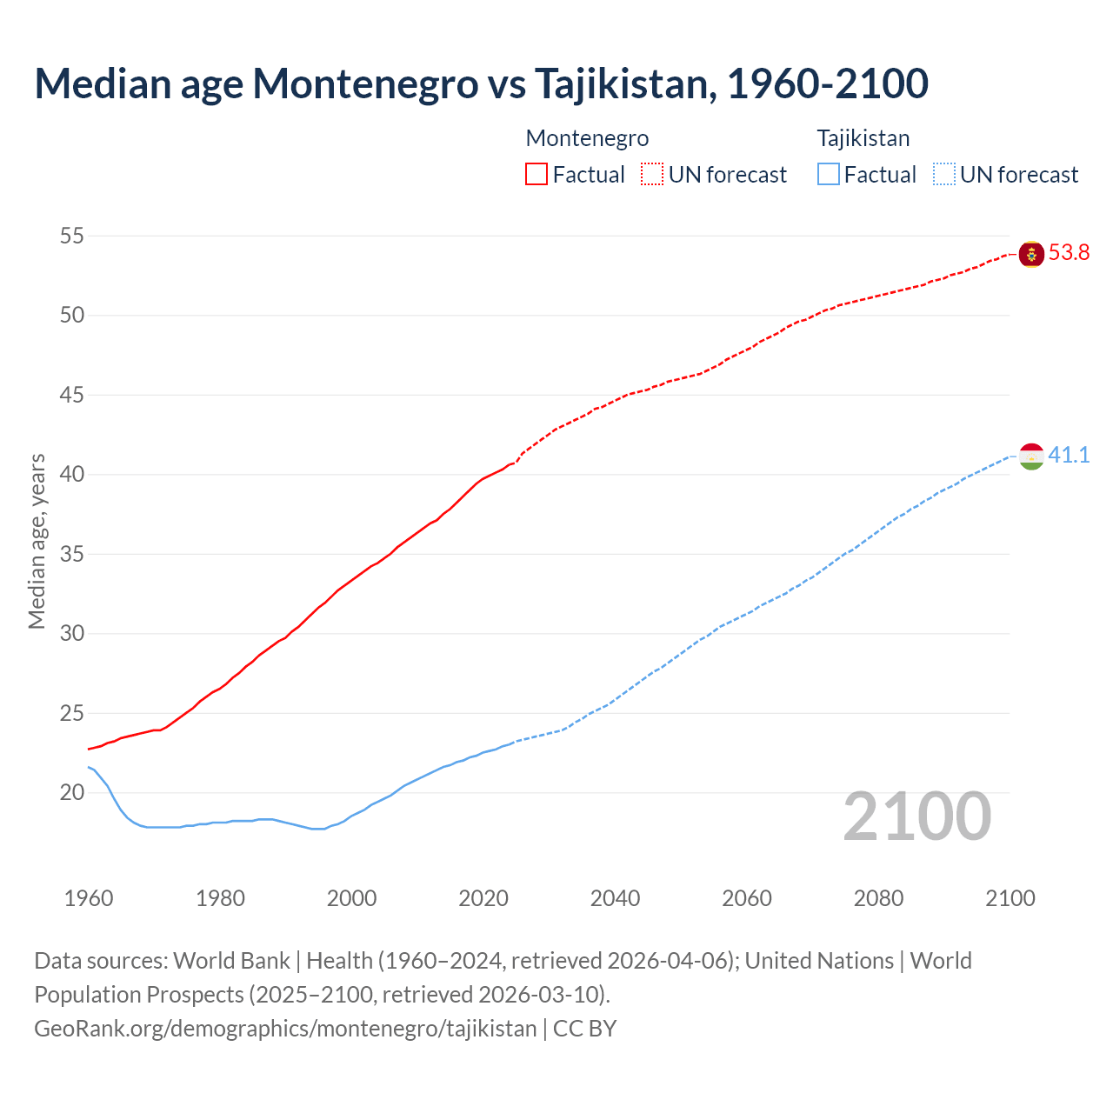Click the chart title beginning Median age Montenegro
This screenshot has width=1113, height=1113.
(x=481, y=83)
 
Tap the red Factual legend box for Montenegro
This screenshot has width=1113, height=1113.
(x=537, y=174)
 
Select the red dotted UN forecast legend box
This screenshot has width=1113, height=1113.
(x=652, y=174)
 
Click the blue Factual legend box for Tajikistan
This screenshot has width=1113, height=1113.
(x=829, y=174)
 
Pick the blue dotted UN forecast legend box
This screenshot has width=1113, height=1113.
(x=943, y=174)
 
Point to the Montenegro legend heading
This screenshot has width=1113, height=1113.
(x=587, y=138)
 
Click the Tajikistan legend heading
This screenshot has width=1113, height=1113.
(x=863, y=138)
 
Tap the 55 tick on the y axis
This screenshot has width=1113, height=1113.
(x=72, y=236)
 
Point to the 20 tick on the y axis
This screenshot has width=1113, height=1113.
(x=72, y=792)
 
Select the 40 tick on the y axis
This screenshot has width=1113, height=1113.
(x=72, y=475)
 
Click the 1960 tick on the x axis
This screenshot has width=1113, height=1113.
(x=89, y=898)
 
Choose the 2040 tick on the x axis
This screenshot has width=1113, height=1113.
(x=615, y=898)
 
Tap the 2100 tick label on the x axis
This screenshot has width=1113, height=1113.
(x=1010, y=898)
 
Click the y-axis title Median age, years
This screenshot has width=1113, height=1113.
(x=37, y=541)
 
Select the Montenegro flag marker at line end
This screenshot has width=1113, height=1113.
(x=1031, y=254)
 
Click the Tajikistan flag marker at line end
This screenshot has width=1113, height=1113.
(x=1031, y=457)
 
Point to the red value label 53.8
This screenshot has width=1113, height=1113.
(x=1069, y=253)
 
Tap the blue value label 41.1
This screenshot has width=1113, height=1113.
(x=1069, y=456)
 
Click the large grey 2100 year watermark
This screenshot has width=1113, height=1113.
(x=917, y=816)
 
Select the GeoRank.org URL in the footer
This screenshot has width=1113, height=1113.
(x=285, y=1029)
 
